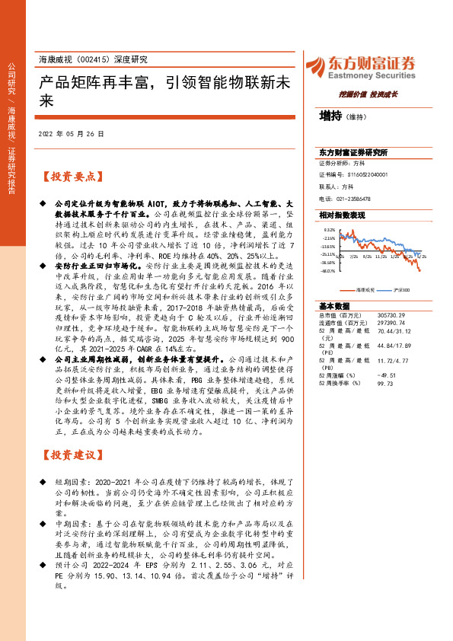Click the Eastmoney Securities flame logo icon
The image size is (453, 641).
pos(314,66)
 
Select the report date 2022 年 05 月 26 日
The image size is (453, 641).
pos(70,134)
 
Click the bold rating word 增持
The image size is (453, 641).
pos(330,116)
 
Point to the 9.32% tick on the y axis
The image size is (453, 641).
pos(328,229)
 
